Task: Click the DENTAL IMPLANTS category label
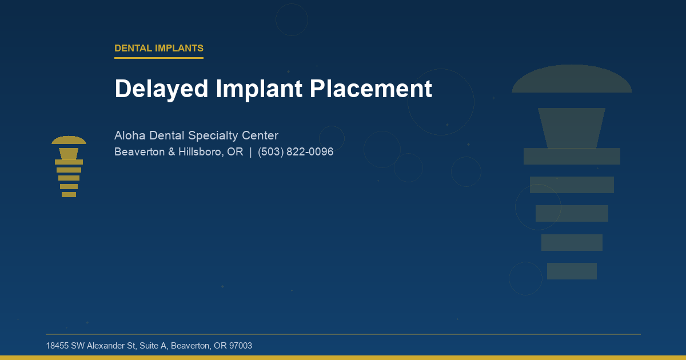[x=159, y=49]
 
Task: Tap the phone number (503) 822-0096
[x=296, y=153]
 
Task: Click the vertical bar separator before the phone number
[x=250, y=153]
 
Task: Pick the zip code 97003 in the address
[x=240, y=346]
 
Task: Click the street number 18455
[x=57, y=346]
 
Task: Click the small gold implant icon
[x=69, y=167]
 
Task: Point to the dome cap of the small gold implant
[x=69, y=140]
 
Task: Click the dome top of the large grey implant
[x=572, y=80]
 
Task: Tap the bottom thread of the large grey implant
[x=572, y=271]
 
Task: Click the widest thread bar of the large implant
[x=572, y=156]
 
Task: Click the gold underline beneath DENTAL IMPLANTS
[x=159, y=58]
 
